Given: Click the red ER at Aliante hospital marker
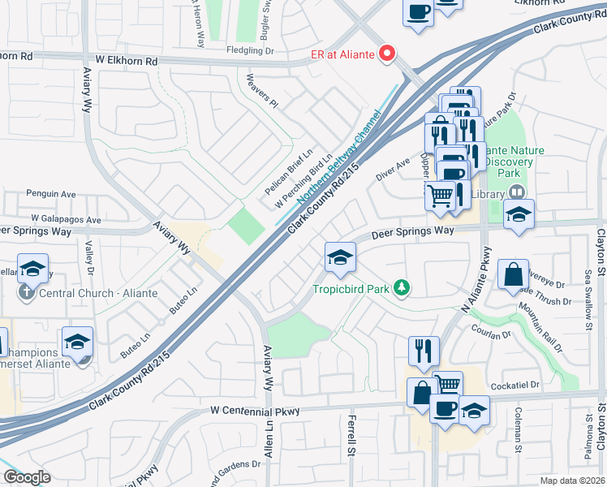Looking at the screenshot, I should (387, 54).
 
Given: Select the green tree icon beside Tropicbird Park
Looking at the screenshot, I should (400, 287).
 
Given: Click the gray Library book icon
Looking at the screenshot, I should (514, 192).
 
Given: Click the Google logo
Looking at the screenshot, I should (26, 477).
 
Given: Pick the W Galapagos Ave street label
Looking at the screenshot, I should (67, 219).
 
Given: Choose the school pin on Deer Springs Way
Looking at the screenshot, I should (340, 258).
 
